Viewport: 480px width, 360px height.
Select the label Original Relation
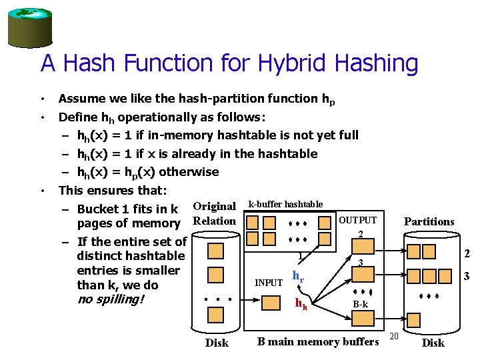click(214, 213)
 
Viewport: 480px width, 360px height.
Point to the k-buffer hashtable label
click(285, 204)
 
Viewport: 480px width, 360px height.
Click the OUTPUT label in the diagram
click(358, 220)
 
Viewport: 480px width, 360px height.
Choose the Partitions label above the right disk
click(429, 221)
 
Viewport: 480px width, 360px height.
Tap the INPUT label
click(269, 283)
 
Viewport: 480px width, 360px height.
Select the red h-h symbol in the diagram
click(301, 304)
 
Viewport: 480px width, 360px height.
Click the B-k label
click(360, 304)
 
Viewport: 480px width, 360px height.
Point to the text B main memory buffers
click(318, 342)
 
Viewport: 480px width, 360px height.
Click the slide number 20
click(394, 335)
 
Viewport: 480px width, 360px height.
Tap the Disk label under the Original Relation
click(216, 343)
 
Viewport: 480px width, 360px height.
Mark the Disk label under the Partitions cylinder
click(433, 343)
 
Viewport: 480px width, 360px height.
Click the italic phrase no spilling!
click(110, 299)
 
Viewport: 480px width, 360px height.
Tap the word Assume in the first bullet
click(80, 99)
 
